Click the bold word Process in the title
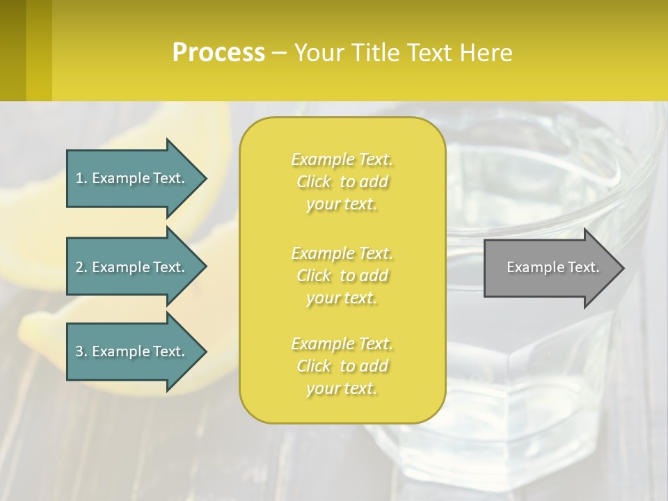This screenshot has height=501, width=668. pyautogui.click(x=218, y=52)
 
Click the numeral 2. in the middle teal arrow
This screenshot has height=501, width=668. pyautogui.click(x=81, y=267)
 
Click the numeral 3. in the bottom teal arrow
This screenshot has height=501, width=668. pyautogui.click(x=81, y=351)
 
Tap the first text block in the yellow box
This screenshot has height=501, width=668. pyautogui.click(x=342, y=182)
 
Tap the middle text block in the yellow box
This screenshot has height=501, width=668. pyautogui.click(x=342, y=276)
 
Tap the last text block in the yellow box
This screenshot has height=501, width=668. pyautogui.click(x=342, y=366)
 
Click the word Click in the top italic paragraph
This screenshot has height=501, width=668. pyautogui.click(x=315, y=182)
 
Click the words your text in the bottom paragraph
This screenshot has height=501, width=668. pyautogui.click(x=342, y=388)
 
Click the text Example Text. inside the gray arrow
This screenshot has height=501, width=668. pyautogui.click(x=553, y=267)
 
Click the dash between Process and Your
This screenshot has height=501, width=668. pyautogui.click(x=279, y=53)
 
